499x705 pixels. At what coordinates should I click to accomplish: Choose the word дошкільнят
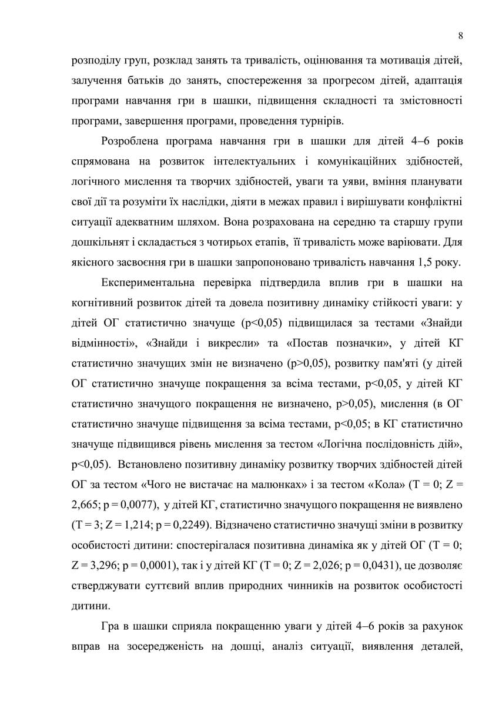[99, 242]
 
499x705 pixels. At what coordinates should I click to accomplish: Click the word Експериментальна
[148, 283]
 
